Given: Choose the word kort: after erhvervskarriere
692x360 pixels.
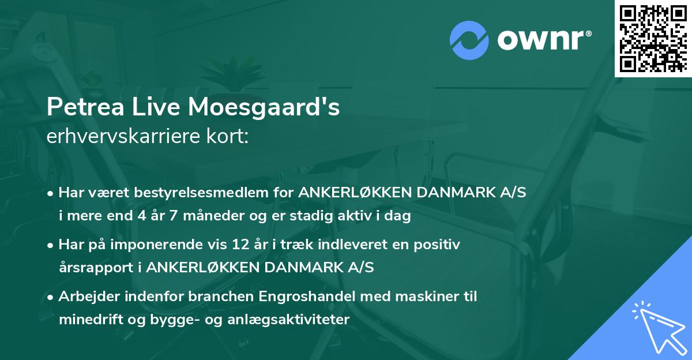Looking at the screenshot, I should point(229,137).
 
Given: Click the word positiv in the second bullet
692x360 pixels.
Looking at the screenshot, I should point(440,245).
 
